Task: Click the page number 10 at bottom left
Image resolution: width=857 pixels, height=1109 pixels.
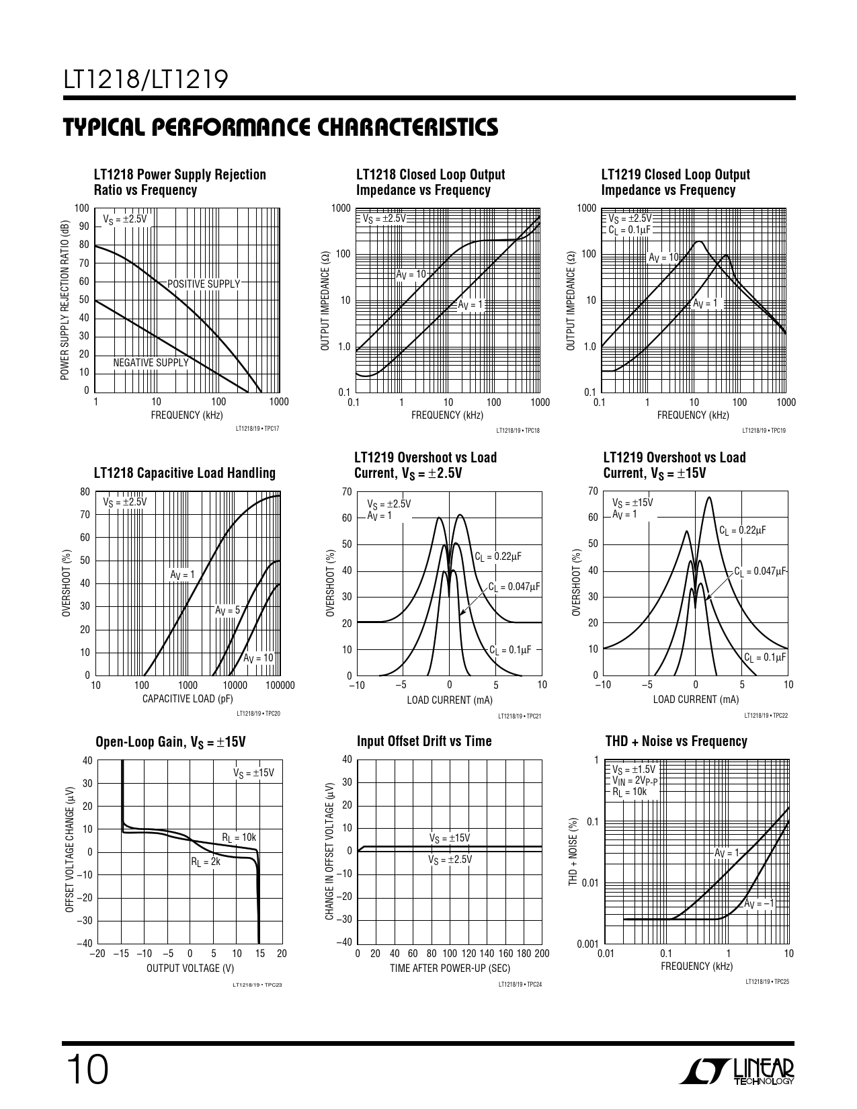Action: click(x=85, y=1069)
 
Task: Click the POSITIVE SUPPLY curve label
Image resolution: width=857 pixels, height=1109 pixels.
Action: click(x=203, y=284)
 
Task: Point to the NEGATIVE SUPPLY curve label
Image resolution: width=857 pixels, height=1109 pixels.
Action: click(x=151, y=363)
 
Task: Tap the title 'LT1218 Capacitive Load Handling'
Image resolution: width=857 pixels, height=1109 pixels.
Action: click(x=185, y=473)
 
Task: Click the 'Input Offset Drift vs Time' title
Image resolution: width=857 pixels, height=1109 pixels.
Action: click(x=424, y=741)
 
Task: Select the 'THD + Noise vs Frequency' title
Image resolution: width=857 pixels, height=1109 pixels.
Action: click(x=676, y=741)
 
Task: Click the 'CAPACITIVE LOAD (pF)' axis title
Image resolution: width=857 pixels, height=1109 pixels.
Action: click(x=188, y=699)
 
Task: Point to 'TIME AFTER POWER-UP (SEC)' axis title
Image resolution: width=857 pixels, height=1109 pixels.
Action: click(x=450, y=969)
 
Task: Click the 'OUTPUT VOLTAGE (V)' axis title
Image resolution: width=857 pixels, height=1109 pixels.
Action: click(x=190, y=968)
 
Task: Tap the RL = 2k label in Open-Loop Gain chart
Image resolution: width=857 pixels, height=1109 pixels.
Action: click(x=206, y=861)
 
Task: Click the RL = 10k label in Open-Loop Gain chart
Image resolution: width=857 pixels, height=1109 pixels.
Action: click(x=239, y=837)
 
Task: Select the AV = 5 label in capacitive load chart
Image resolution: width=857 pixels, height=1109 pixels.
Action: click(x=227, y=610)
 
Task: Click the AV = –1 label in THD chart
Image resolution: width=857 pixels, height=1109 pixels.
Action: click(x=759, y=904)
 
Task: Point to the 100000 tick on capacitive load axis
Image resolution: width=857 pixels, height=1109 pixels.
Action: click(x=280, y=686)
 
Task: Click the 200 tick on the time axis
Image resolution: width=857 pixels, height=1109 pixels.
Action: click(x=541, y=954)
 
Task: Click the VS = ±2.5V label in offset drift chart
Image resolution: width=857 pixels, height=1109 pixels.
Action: click(x=450, y=860)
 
